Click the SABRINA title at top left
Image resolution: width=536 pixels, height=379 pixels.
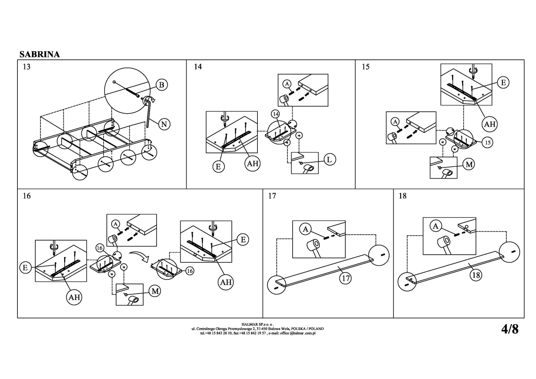coord(39,54)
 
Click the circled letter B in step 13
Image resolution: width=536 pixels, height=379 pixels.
coord(161,85)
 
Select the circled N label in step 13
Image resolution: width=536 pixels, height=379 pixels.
coord(164,124)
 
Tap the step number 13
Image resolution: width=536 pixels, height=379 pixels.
coord(27,67)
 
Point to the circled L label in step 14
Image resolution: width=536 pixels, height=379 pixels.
coord(329,160)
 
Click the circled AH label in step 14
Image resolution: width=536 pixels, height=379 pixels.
coord(253,163)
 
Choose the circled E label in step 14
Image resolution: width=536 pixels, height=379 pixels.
coord(218,167)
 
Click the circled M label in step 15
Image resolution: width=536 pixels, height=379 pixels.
coord(469,164)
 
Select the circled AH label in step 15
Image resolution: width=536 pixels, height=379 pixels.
coord(490,124)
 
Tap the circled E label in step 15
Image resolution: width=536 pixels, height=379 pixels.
coord(503,82)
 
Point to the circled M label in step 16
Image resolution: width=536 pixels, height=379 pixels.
coord(155,291)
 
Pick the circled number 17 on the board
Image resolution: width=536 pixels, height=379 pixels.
coord(345,278)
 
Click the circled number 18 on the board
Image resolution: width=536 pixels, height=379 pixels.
coord(476,275)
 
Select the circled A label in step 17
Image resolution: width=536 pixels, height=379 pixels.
coord(305,229)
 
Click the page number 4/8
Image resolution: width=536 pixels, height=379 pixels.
coord(510,329)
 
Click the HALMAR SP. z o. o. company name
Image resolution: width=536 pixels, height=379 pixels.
coord(257,324)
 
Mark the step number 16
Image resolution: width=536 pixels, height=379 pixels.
coord(27,196)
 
